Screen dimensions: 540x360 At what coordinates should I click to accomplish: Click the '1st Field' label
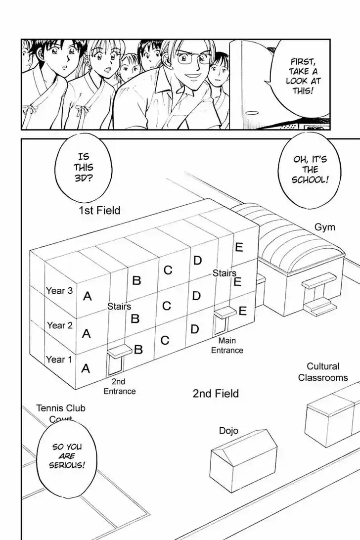[x=99, y=211]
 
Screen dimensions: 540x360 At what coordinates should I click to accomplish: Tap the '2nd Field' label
[x=215, y=394]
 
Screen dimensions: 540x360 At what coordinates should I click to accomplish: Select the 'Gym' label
[x=324, y=227]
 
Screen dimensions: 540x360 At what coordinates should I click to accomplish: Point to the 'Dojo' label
[x=228, y=431]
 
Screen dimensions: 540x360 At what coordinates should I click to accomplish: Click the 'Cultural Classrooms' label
[x=322, y=372]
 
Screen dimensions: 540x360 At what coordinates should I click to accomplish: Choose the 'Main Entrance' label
[x=227, y=345]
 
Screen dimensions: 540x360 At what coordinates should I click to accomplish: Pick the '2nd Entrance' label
[x=119, y=386]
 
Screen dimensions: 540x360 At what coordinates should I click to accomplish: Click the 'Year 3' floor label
[x=59, y=291]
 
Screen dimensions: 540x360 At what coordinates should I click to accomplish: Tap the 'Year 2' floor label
[x=59, y=325]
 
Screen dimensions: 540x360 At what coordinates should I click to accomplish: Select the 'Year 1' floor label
[x=59, y=360]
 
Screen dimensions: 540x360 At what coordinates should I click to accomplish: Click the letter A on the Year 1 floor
[x=86, y=368]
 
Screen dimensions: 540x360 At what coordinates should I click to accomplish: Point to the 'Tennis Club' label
[x=60, y=408]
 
